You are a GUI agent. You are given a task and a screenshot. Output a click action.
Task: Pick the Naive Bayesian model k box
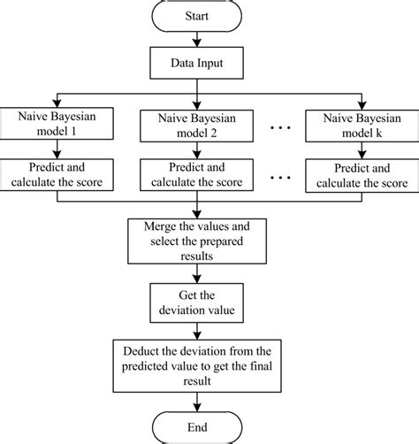coord(357,121)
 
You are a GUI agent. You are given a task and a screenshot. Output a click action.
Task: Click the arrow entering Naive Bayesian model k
coord(357,97)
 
